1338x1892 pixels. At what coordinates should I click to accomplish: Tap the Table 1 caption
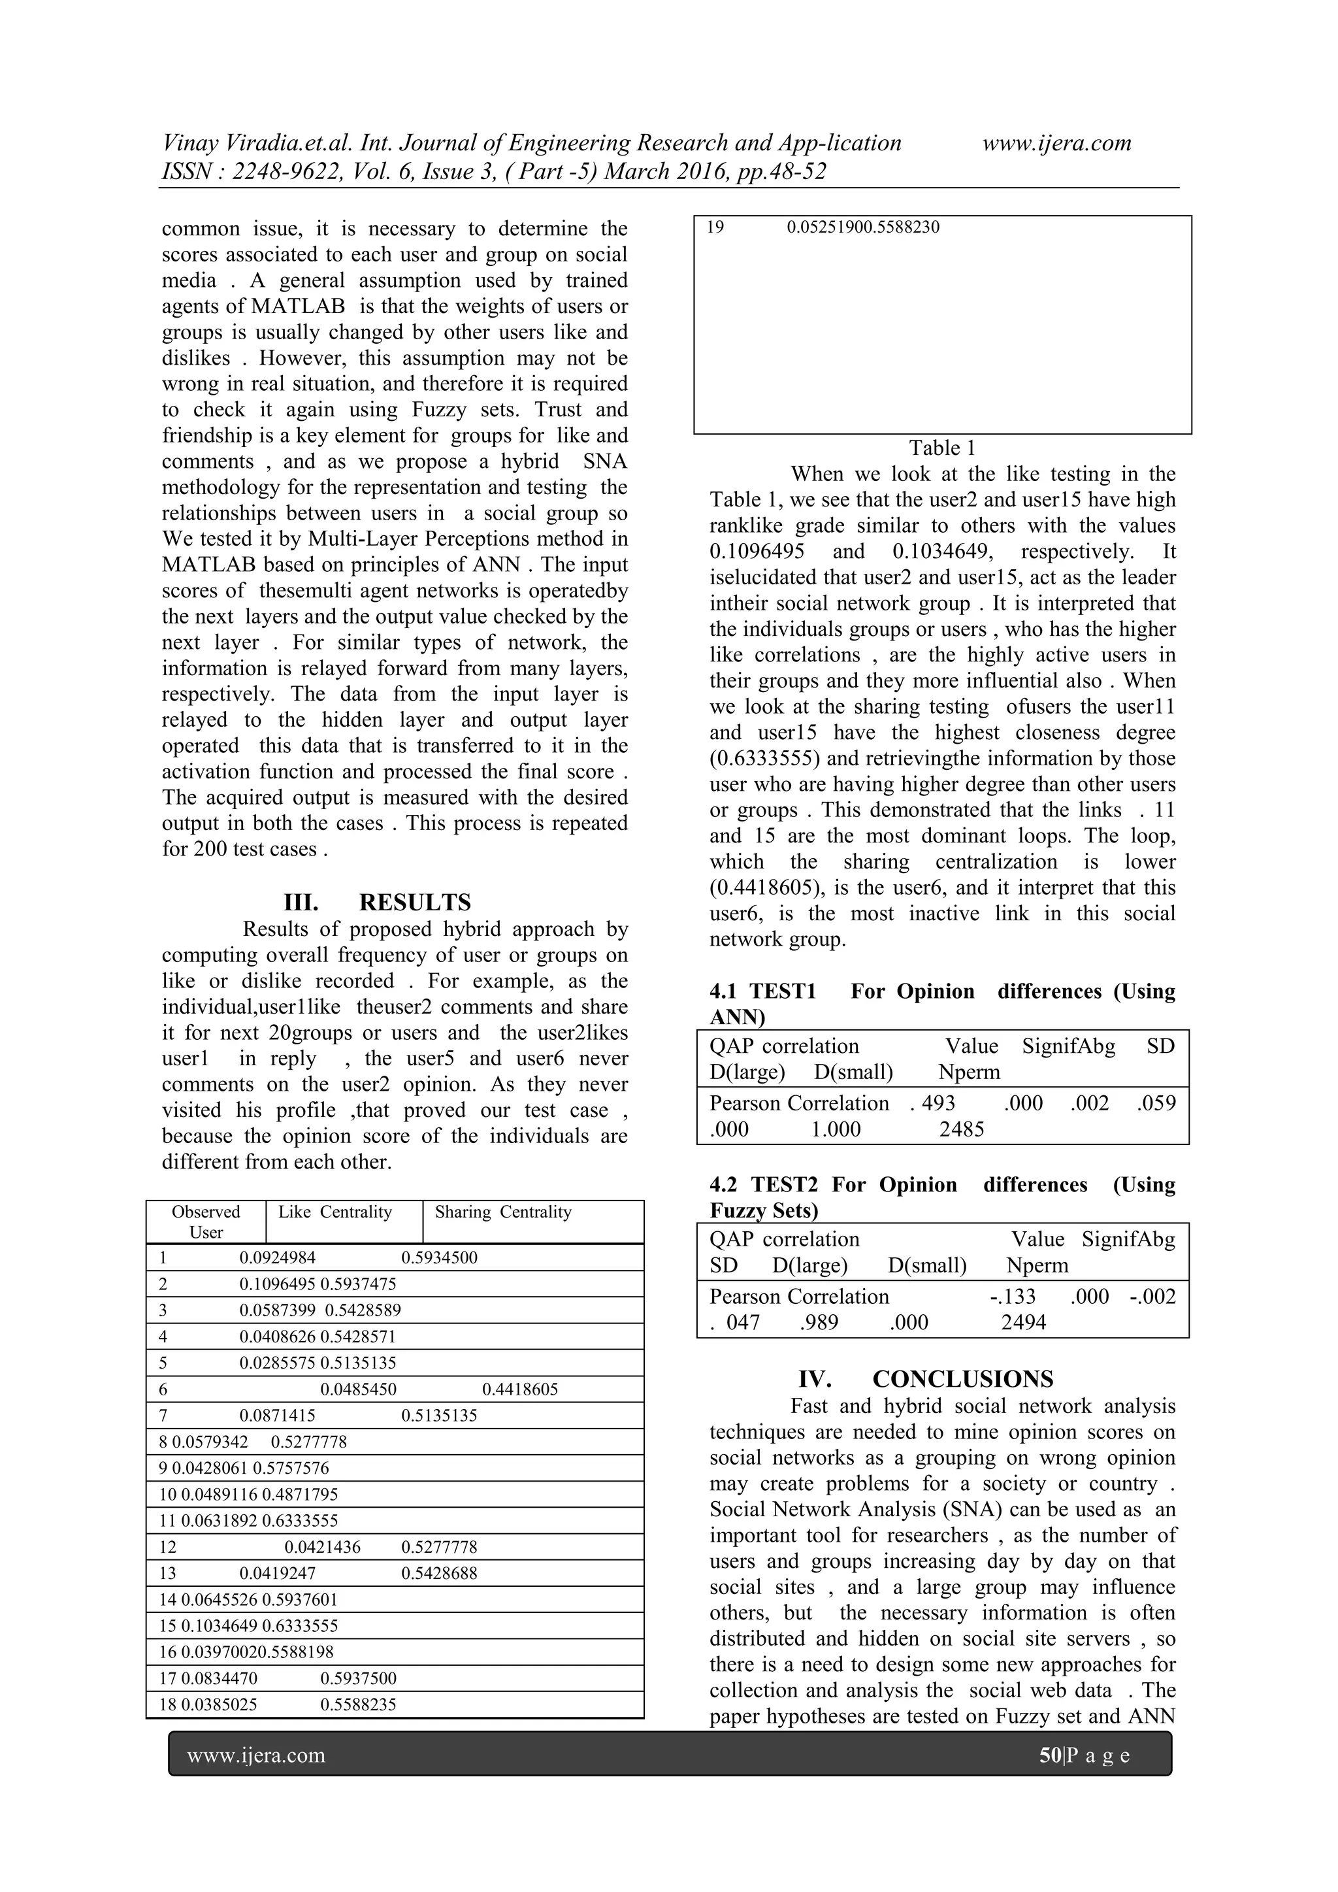tap(941, 448)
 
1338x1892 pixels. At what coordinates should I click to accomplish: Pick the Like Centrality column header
tap(334, 1212)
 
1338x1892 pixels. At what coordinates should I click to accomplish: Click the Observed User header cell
tap(206, 1222)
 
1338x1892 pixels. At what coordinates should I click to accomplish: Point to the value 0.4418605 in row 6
tap(520, 1389)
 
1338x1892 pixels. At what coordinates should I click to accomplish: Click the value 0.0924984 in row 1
tap(277, 1258)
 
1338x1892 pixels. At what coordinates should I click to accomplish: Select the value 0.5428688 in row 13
tap(439, 1573)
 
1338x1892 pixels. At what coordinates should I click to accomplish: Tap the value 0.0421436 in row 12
tap(322, 1548)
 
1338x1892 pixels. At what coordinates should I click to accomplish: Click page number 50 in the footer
tap(1051, 1756)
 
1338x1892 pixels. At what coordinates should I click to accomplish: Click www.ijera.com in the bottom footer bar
tap(256, 1756)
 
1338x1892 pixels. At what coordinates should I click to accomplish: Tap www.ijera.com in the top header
tap(1057, 143)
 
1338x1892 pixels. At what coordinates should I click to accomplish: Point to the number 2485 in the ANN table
tap(962, 1130)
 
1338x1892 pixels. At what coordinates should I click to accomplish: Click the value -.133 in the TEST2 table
tap(1013, 1297)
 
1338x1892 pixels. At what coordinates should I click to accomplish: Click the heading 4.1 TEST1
tap(763, 991)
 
